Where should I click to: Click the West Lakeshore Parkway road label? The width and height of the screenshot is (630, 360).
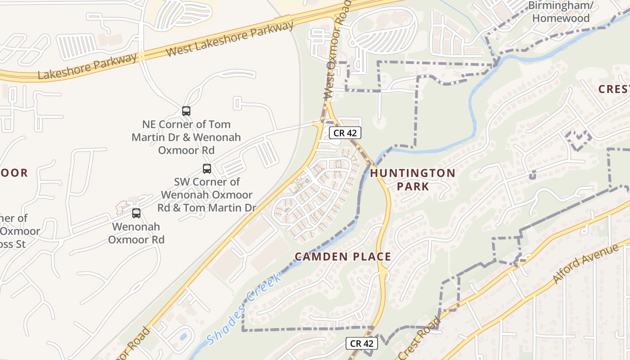229,39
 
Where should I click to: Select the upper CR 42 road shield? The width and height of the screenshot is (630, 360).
345,133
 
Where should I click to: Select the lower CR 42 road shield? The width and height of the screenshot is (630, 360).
361,343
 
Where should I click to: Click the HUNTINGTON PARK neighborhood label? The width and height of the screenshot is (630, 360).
413,179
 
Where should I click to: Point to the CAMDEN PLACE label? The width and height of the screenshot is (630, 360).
342,256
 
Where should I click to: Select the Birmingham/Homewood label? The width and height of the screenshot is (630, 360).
560,12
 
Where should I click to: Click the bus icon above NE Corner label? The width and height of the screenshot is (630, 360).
186,111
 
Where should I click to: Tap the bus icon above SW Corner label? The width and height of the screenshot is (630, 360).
207,169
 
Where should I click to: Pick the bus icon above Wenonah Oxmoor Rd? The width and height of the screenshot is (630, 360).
136,213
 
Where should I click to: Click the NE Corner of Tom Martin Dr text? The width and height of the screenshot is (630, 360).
186,137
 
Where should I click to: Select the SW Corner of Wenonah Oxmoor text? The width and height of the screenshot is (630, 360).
207,195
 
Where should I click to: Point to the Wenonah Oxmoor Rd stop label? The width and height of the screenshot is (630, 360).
136,233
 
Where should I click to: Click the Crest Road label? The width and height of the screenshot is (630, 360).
419,337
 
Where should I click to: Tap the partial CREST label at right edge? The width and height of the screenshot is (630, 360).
614,89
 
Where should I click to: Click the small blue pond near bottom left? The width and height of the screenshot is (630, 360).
183,337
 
